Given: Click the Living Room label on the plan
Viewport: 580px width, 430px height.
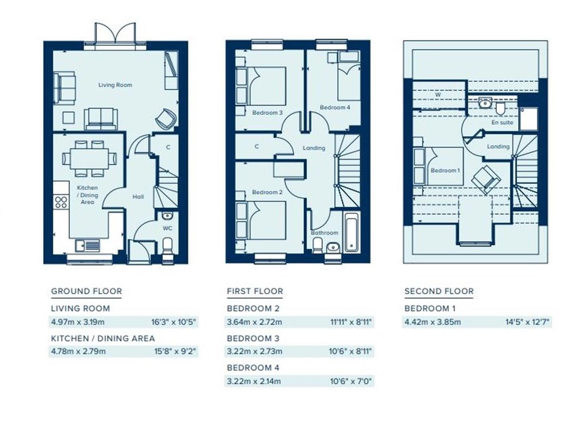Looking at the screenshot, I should pos(115,85).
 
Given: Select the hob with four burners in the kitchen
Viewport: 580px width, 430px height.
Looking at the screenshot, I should pos(61,202).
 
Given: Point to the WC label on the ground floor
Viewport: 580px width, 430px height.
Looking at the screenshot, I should pos(167,228).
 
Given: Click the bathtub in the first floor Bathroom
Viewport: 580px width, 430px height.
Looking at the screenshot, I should pos(351,233).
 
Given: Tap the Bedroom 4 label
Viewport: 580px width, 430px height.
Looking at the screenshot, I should pos(335,107).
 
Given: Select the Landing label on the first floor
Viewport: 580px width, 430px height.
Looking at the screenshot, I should pos(314,148).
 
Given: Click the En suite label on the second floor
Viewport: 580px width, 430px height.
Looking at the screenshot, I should pos(502,122).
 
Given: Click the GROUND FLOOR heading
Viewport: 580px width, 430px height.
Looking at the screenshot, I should pos(86,291).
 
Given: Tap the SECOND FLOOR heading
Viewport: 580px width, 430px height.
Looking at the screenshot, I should pos(439,291).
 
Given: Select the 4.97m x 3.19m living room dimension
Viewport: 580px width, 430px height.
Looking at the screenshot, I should pos(78,322).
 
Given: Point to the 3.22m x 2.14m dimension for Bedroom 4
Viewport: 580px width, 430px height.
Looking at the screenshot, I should pos(254,381).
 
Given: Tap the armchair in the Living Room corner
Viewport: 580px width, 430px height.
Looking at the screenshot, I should pos(165,118).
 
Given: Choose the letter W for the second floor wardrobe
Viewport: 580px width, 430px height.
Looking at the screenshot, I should pos(438,95).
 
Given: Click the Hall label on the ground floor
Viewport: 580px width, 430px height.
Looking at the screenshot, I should pos(138,197).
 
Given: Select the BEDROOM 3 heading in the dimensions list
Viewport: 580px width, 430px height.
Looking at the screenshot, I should pos(253,338).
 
